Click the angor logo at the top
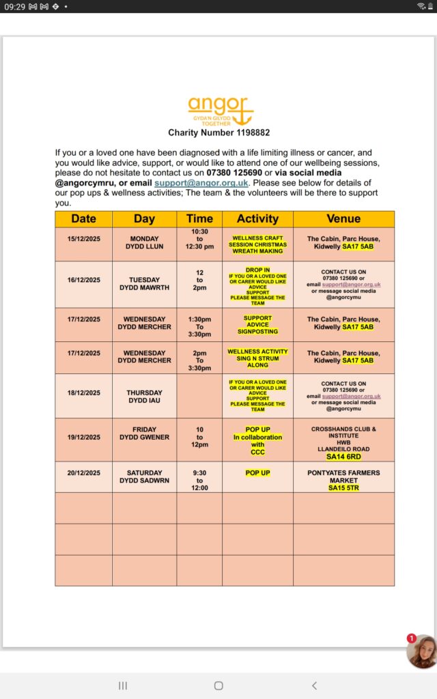(x=220, y=109)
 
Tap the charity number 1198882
(x=219, y=132)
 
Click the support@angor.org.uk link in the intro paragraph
(x=201, y=183)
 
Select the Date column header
(x=83, y=219)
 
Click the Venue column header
(x=343, y=219)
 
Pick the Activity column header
(x=257, y=219)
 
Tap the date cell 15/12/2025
(x=83, y=239)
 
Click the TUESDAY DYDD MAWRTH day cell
(x=144, y=283)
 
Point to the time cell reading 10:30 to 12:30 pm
(x=199, y=239)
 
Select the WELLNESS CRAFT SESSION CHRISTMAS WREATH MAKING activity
(x=257, y=244)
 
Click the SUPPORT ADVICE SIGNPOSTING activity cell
(x=257, y=325)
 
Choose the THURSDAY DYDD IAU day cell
(x=144, y=396)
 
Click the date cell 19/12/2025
(x=83, y=437)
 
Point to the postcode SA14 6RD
(x=343, y=457)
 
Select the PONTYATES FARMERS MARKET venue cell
(x=343, y=476)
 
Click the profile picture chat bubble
(x=421, y=652)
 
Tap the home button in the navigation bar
(x=218, y=685)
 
